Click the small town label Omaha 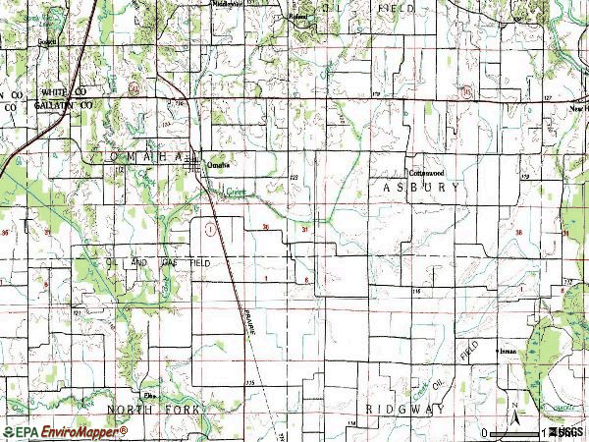tap(219, 166)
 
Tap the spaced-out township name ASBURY tap(421, 186)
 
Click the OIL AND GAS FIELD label tap(157, 263)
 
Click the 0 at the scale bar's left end tap(485, 432)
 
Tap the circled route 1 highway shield tap(210, 228)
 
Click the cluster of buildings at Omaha tap(195, 162)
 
